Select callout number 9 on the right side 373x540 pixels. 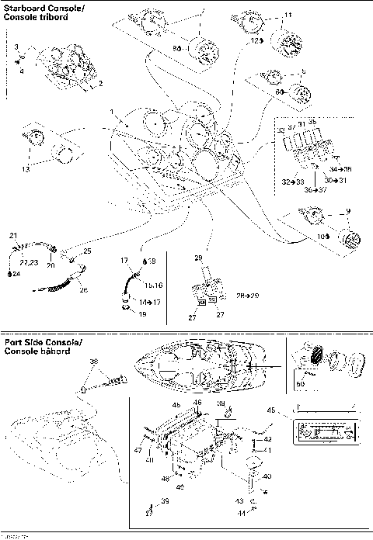[x=347, y=211]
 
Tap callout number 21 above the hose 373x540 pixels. [x=12, y=235]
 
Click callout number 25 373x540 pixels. [x=87, y=251]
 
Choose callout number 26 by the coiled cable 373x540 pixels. [x=84, y=290]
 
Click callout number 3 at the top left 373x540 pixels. [x=17, y=47]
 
